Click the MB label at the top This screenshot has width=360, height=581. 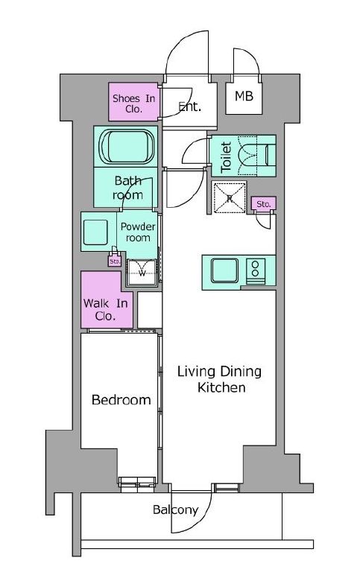(x=244, y=96)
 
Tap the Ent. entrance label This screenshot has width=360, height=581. (x=190, y=107)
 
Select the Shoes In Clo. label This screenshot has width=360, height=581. (x=134, y=104)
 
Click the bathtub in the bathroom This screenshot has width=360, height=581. (x=126, y=146)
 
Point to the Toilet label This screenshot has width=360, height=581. (x=226, y=157)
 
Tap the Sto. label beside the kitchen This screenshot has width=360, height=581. (x=264, y=204)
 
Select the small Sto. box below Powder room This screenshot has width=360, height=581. (x=115, y=261)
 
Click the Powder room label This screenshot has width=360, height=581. (x=138, y=232)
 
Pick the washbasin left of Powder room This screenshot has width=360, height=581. (x=95, y=232)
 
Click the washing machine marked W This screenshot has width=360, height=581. (x=142, y=273)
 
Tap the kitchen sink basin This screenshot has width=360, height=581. (x=224, y=270)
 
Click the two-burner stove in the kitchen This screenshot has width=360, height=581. (x=256, y=271)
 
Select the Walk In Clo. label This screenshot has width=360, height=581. (x=106, y=310)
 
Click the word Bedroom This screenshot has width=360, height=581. (x=121, y=400)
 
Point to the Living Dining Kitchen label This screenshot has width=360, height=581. (x=219, y=379)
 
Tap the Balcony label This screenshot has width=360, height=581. (x=175, y=509)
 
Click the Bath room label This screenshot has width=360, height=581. (x=127, y=188)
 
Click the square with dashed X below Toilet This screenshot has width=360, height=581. (x=229, y=198)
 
